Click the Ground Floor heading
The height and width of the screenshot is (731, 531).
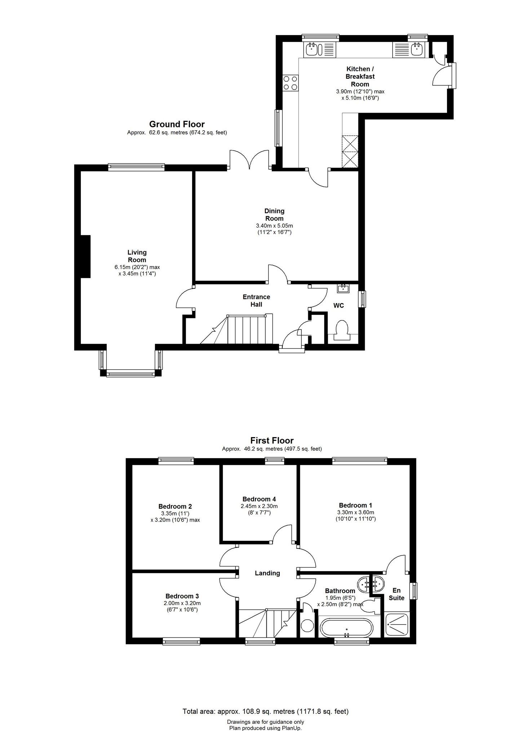coord(177,124)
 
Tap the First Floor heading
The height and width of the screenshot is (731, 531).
coord(272,440)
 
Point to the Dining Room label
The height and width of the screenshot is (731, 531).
coord(274,214)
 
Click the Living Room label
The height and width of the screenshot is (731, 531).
coord(137,256)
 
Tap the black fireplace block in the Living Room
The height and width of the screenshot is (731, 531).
coord(85,256)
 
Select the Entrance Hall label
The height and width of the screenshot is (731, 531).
coord(256,300)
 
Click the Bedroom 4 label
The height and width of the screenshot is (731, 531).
coord(259,499)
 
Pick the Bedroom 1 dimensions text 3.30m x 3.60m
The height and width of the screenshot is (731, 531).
coord(356,512)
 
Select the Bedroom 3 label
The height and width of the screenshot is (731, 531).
coord(182,596)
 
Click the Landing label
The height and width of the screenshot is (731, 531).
coord(267,573)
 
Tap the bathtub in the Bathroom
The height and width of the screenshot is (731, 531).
coord(346,628)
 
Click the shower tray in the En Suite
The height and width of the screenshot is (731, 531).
coord(397,625)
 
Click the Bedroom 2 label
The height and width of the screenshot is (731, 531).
coord(175,506)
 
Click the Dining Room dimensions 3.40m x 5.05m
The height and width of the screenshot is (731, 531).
coord(274,226)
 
